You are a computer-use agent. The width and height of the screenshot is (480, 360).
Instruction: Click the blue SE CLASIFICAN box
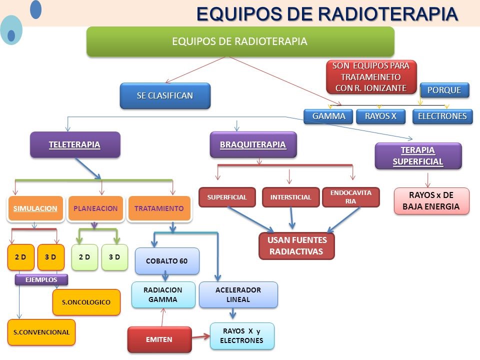165,96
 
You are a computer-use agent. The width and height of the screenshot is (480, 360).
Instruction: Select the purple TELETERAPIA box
75,145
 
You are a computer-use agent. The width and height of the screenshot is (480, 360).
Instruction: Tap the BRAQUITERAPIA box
253,145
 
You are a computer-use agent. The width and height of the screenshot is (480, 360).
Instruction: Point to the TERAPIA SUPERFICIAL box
418,156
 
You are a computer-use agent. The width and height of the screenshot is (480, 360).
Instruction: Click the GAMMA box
328,116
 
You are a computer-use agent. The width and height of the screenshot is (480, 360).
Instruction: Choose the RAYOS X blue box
380,116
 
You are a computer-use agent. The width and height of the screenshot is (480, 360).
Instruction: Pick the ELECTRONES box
442,116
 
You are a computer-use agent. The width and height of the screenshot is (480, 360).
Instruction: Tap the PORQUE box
444,90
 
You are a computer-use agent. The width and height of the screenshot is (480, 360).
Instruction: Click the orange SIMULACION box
35,208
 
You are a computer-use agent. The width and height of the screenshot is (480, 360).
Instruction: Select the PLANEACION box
95,208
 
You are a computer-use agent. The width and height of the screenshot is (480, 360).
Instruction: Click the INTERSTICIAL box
290,197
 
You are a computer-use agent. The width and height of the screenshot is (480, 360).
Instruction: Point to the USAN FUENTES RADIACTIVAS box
296,246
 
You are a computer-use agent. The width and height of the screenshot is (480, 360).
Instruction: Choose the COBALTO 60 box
166,261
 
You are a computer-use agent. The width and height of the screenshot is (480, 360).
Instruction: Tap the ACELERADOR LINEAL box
238,295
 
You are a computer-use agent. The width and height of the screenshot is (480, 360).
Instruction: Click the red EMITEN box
159,339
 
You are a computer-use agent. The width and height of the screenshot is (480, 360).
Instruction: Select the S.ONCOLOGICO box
86,302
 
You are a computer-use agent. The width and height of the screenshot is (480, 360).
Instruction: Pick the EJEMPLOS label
41,279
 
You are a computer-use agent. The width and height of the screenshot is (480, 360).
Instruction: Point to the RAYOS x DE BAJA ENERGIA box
431,201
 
